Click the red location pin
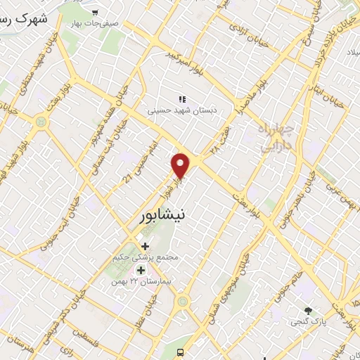point(181,166)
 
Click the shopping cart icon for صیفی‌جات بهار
point(96,12)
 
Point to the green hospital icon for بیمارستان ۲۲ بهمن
point(141,271)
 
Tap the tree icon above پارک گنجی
point(307,310)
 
